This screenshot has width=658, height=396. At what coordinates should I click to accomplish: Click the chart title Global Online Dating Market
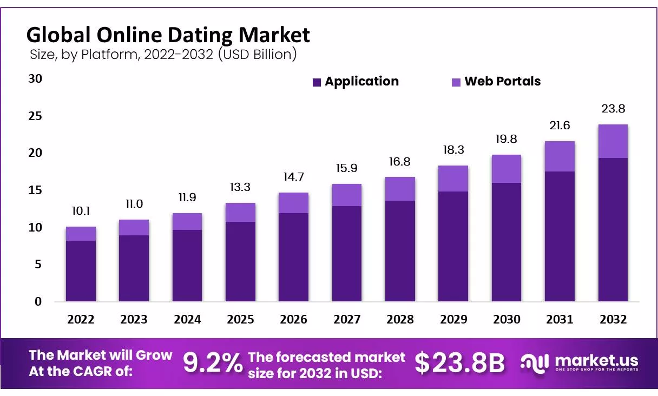pyautogui.click(x=168, y=35)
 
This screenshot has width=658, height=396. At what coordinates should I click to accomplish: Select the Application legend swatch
pyautogui.click(x=317, y=82)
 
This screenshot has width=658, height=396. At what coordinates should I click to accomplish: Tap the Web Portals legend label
pyautogui.click(x=502, y=82)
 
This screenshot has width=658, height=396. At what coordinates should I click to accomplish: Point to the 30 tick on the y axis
pyautogui.click(x=35, y=79)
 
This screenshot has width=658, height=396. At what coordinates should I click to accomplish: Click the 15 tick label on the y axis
pyautogui.click(x=35, y=190)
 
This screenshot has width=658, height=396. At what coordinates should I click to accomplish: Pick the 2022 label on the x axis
pyautogui.click(x=81, y=320)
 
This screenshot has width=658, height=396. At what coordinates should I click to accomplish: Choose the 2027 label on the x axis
pyautogui.click(x=347, y=320)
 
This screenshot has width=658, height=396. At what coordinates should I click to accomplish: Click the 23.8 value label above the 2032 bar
pyautogui.click(x=613, y=109)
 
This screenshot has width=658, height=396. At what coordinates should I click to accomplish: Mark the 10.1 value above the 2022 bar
pyautogui.click(x=81, y=212)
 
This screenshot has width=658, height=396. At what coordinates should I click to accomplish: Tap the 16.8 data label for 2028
pyautogui.click(x=400, y=162)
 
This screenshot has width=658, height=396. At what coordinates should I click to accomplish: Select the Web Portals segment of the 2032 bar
pyautogui.click(x=613, y=141)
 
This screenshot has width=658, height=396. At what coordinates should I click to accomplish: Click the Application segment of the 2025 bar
pyautogui.click(x=240, y=261)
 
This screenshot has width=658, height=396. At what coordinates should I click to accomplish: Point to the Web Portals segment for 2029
pyautogui.click(x=453, y=179)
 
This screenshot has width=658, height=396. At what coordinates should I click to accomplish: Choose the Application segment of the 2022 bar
pyautogui.click(x=81, y=270)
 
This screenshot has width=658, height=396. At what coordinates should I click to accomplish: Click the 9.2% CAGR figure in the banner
pyautogui.click(x=213, y=363)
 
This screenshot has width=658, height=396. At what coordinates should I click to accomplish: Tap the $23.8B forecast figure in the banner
pyautogui.click(x=459, y=363)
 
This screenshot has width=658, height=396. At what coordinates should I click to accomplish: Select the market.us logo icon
pyautogui.click(x=535, y=363)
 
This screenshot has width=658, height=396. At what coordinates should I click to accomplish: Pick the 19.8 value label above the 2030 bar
pyautogui.click(x=506, y=140)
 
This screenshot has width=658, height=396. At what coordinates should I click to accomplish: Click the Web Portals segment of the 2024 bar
pyautogui.click(x=187, y=221)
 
